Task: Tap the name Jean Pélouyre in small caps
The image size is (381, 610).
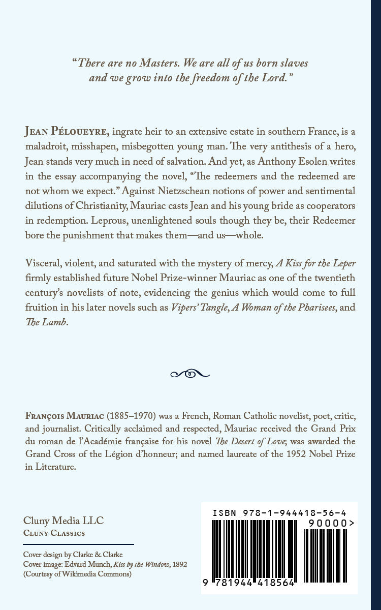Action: [x=66, y=132]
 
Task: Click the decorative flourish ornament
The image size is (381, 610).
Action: [x=190, y=374]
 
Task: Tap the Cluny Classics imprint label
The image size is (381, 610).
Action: [x=54, y=533]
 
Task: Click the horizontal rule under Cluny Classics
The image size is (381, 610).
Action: [x=78, y=544]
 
